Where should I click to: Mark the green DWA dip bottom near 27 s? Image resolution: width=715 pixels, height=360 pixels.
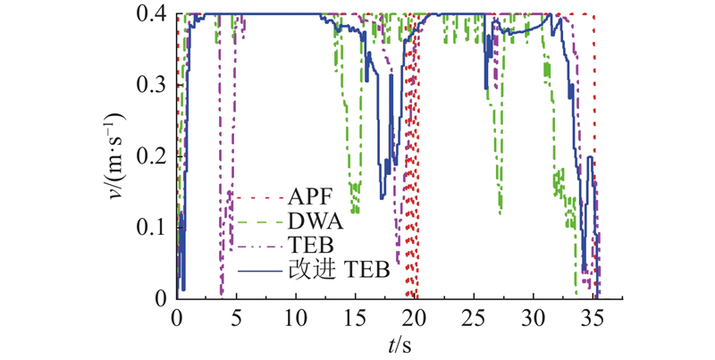click(500, 213)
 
